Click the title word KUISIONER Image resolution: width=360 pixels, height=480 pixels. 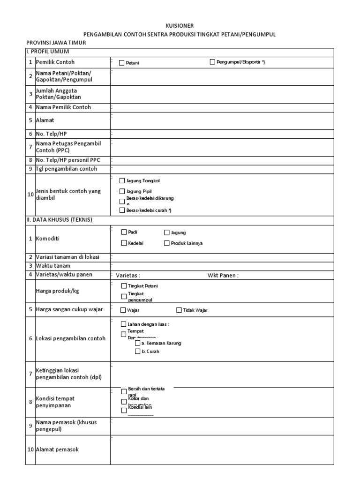tap(180, 26)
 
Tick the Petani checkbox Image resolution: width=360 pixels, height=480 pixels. tap(122, 62)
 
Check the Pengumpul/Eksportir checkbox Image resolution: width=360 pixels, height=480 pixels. tap(212, 62)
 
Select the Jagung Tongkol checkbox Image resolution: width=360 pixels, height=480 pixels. tap(122, 180)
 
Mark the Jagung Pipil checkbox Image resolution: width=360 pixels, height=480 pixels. tap(122, 191)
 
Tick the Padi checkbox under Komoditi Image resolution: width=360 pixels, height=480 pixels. tap(124, 232)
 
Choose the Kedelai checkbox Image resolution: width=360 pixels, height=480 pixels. tap(124, 243)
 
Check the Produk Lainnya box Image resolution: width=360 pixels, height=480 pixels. tap(167, 243)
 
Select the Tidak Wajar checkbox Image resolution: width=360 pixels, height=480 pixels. tap(179, 310)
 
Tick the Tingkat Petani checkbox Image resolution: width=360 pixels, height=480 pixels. tap(124, 285)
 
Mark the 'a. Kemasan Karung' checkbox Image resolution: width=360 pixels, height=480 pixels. tap(137, 343)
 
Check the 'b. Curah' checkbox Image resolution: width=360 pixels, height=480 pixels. tap(137, 351)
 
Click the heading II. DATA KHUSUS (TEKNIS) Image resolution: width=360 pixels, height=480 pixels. tap(59, 219)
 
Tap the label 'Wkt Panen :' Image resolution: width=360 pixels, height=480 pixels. tap(223, 275)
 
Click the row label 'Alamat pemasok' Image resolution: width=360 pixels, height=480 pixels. tap(57, 449)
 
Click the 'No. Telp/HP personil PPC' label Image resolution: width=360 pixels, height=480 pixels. tap(68, 160)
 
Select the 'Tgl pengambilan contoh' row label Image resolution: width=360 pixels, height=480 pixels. tap(66, 168)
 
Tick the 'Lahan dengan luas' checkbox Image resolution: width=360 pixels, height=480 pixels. tap(124, 324)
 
